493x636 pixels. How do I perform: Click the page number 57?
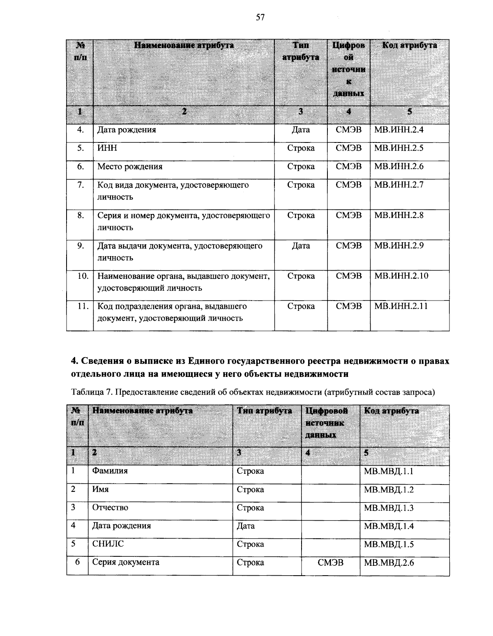tap(260, 17)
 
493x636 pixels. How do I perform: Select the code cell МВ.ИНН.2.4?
tap(399, 130)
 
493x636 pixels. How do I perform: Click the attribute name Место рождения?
tap(129, 167)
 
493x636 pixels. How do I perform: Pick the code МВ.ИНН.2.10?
tap(401, 276)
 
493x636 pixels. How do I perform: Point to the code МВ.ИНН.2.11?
tap(401, 306)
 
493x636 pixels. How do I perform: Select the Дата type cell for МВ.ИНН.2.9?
tap(301, 246)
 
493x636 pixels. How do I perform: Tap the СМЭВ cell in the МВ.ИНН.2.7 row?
tap(349, 185)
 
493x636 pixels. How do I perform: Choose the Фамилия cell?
tap(110, 471)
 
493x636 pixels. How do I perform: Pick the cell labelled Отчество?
tap(110, 507)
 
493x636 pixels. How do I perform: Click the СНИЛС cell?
tap(108, 544)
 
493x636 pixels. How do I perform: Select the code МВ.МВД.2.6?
tap(389, 563)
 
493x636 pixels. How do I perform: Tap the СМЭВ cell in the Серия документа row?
tap(331, 563)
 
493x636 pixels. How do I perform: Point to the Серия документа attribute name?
tap(125, 562)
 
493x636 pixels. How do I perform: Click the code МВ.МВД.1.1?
tap(389, 471)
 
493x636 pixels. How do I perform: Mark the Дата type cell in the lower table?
tap(246, 526)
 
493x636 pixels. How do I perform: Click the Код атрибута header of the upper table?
tap(410, 46)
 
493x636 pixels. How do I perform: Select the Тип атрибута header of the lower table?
tap(265, 411)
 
